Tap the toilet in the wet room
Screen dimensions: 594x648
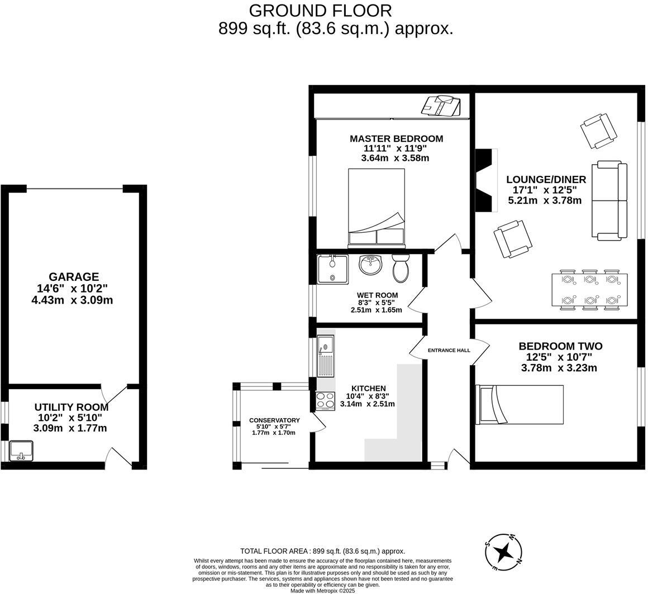pyautogui.click(x=401, y=269)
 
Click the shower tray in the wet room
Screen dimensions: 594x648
pyautogui.click(x=332, y=269)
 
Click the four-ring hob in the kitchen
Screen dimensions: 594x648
pyautogui.click(x=325, y=401)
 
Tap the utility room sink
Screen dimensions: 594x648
pyautogui.click(x=21, y=451)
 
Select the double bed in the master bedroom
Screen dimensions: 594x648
pyautogui.click(x=376, y=208)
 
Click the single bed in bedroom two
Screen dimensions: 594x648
pyautogui.click(x=519, y=405)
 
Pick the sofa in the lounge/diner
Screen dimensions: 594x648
pyautogui.click(x=609, y=201)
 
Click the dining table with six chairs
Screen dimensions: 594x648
pyautogui.click(x=589, y=290)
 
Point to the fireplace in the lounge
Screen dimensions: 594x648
pyautogui.click(x=485, y=180)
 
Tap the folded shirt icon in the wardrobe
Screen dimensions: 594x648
pyautogui.click(x=441, y=105)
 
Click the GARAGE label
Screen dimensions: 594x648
pyautogui.click(x=74, y=277)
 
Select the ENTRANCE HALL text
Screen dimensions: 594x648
pyautogui.click(x=449, y=351)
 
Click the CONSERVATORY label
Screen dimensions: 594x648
pyautogui.click(x=274, y=420)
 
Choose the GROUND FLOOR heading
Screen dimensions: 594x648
pyautogui.click(x=320, y=11)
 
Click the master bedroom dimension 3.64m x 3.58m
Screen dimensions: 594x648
pyautogui.click(x=395, y=158)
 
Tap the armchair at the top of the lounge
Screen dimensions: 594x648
pyautogui.click(x=598, y=131)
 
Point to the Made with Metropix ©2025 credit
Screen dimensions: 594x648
pyautogui.click(x=322, y=590)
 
